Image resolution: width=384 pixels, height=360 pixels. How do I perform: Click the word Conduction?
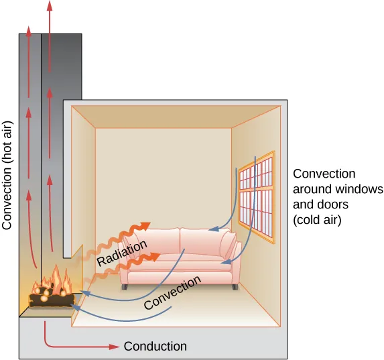(155, 346)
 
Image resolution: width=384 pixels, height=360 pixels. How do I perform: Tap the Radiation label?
(122, 254)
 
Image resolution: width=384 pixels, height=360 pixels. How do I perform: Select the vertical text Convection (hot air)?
(8, 176)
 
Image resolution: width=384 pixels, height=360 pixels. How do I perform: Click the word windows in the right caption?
(357, 188)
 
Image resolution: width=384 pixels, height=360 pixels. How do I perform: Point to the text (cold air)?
(318, 219)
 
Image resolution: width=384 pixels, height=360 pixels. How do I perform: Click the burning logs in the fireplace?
(50, 297)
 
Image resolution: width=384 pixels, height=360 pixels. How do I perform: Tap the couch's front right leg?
(234, 286)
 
